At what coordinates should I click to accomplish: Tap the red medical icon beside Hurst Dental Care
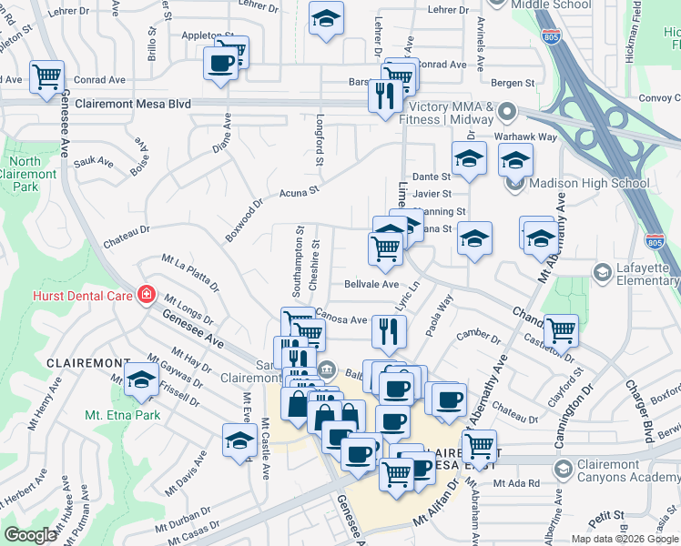point(145,295)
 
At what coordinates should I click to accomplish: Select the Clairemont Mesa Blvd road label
point(134,105)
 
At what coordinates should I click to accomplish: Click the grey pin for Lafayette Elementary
point(602,272)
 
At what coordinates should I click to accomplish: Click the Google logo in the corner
point(30,535)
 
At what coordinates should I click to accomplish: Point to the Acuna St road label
point(300,192)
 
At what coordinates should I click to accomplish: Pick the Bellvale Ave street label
point(367,284)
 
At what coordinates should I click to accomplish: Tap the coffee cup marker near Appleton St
point(221,64)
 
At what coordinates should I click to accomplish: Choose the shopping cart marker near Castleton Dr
point(560,329)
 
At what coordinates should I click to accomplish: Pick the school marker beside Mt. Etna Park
point(141,380)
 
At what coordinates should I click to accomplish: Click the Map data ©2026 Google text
point(623,539)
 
